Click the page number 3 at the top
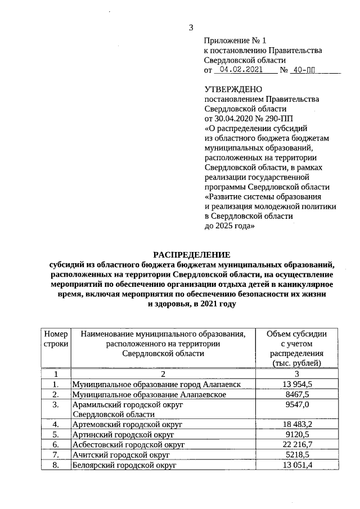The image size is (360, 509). coord(191,28)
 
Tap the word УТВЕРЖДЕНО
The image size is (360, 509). coord(232,89)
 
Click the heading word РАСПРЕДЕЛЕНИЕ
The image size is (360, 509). coord(192,254)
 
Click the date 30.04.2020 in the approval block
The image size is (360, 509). coord(234,118)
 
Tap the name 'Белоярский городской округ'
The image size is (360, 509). coord(124,465)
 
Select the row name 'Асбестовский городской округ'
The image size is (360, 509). coord(128,444)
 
